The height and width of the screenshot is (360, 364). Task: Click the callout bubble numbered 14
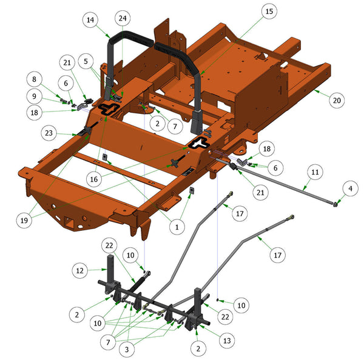[x=90, y=20]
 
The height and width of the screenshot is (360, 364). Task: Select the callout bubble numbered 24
[x=123, y=18]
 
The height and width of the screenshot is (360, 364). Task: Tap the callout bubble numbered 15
[x=269, y=11]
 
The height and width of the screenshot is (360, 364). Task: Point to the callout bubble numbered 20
[x=337, y=100]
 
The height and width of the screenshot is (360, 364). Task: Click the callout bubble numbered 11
[x=315, y=172]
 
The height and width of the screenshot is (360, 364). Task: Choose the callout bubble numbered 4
[x=350, y=188]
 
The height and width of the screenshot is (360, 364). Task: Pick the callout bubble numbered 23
[x=49, y=133]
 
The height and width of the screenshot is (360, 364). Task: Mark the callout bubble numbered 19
[x=24, y=221]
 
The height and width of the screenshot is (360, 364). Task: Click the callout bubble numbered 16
[x=94, y=179]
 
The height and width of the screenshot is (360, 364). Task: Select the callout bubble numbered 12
[x=79, y=270]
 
